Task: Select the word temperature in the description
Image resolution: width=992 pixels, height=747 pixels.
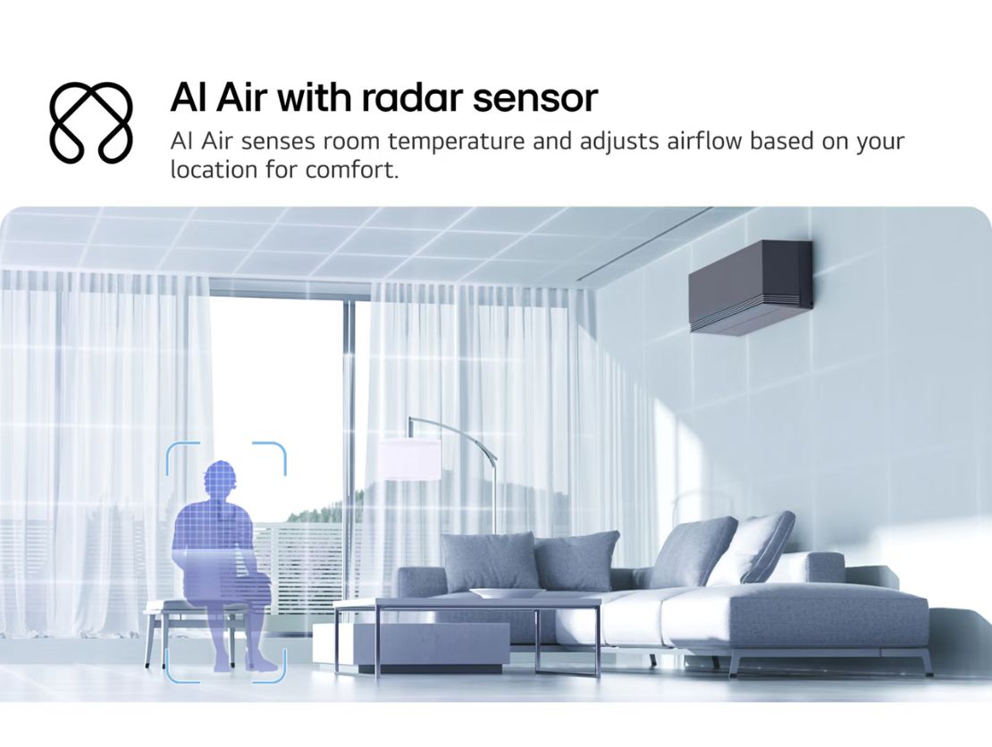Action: click(456, 142)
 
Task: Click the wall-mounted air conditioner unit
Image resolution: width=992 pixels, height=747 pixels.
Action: click(751, 286)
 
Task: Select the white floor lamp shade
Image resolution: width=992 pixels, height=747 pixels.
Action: click(408, 459)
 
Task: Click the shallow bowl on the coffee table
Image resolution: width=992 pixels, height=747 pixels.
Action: click(506, 593)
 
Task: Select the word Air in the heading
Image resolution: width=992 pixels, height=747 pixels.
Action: click(241, 97)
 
